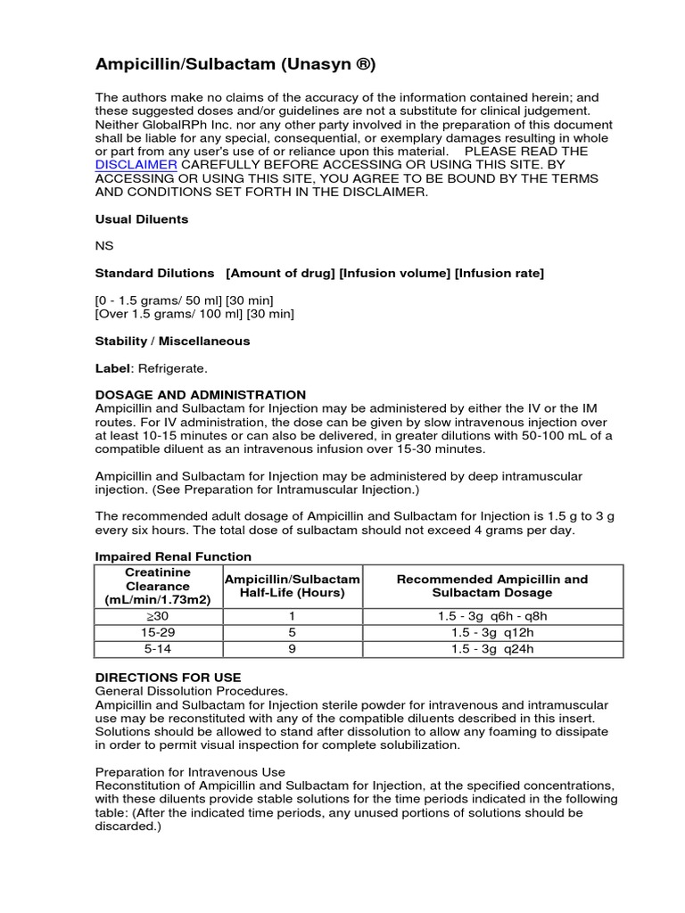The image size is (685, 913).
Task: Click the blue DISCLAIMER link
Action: click(136, 165)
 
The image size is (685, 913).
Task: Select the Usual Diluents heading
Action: click(142, 219)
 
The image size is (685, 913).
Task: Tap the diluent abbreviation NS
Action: click(104, 246)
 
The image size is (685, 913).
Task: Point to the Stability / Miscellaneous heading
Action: click(172, 341)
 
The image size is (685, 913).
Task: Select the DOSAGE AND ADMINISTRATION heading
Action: click(200, 394)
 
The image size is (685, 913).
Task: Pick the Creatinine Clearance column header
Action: click(158, 586)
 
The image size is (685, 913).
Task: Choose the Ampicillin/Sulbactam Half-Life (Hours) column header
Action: click(292, 586)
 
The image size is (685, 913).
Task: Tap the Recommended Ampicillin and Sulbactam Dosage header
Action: click(492, 586)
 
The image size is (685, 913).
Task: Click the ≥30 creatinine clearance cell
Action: click(158, 616)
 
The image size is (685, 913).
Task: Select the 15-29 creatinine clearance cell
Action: click(158, 632)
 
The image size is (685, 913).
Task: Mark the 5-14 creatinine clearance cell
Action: click(158, 649)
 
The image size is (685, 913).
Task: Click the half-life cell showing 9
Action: click(292, 649)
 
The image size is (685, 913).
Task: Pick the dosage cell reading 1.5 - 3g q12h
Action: click(492, 632)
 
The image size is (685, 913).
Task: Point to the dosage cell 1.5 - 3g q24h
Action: click(492, 649)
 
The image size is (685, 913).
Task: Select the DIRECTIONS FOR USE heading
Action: click(168, 678)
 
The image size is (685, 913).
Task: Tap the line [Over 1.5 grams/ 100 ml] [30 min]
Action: click(194, 314)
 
